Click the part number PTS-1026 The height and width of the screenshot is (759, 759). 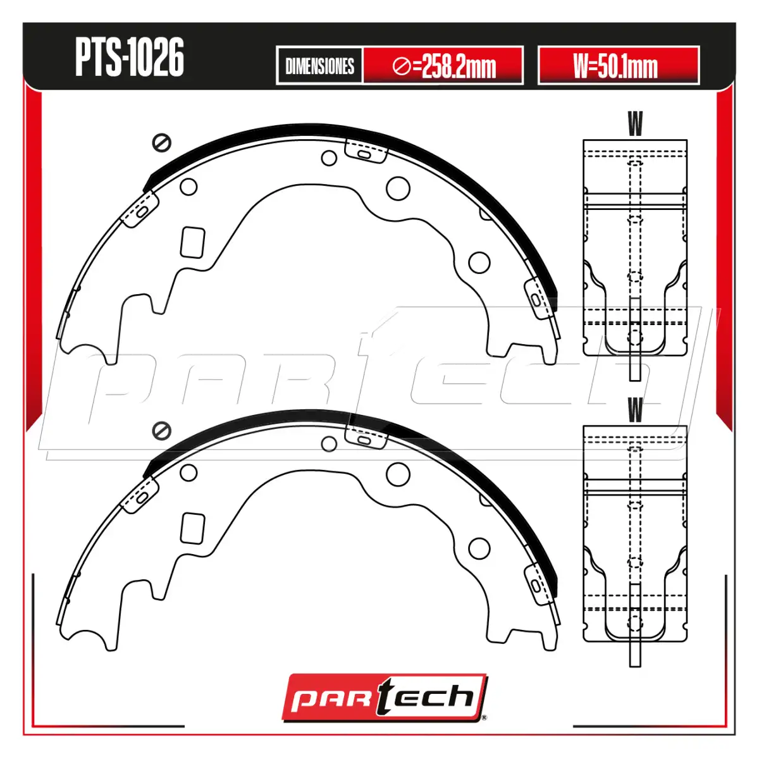tap(129, 58)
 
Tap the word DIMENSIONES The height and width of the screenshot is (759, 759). tap(319, 66)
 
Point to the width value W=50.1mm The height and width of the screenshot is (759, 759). tap(615, 66)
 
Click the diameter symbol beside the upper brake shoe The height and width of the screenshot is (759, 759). tap(161, 142)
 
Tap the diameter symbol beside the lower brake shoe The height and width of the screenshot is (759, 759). tap(161, 431)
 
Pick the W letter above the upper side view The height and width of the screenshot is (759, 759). tap(635, 123)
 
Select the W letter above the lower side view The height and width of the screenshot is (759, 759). tap(635, 410)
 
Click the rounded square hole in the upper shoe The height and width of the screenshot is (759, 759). tap(193, 242)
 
